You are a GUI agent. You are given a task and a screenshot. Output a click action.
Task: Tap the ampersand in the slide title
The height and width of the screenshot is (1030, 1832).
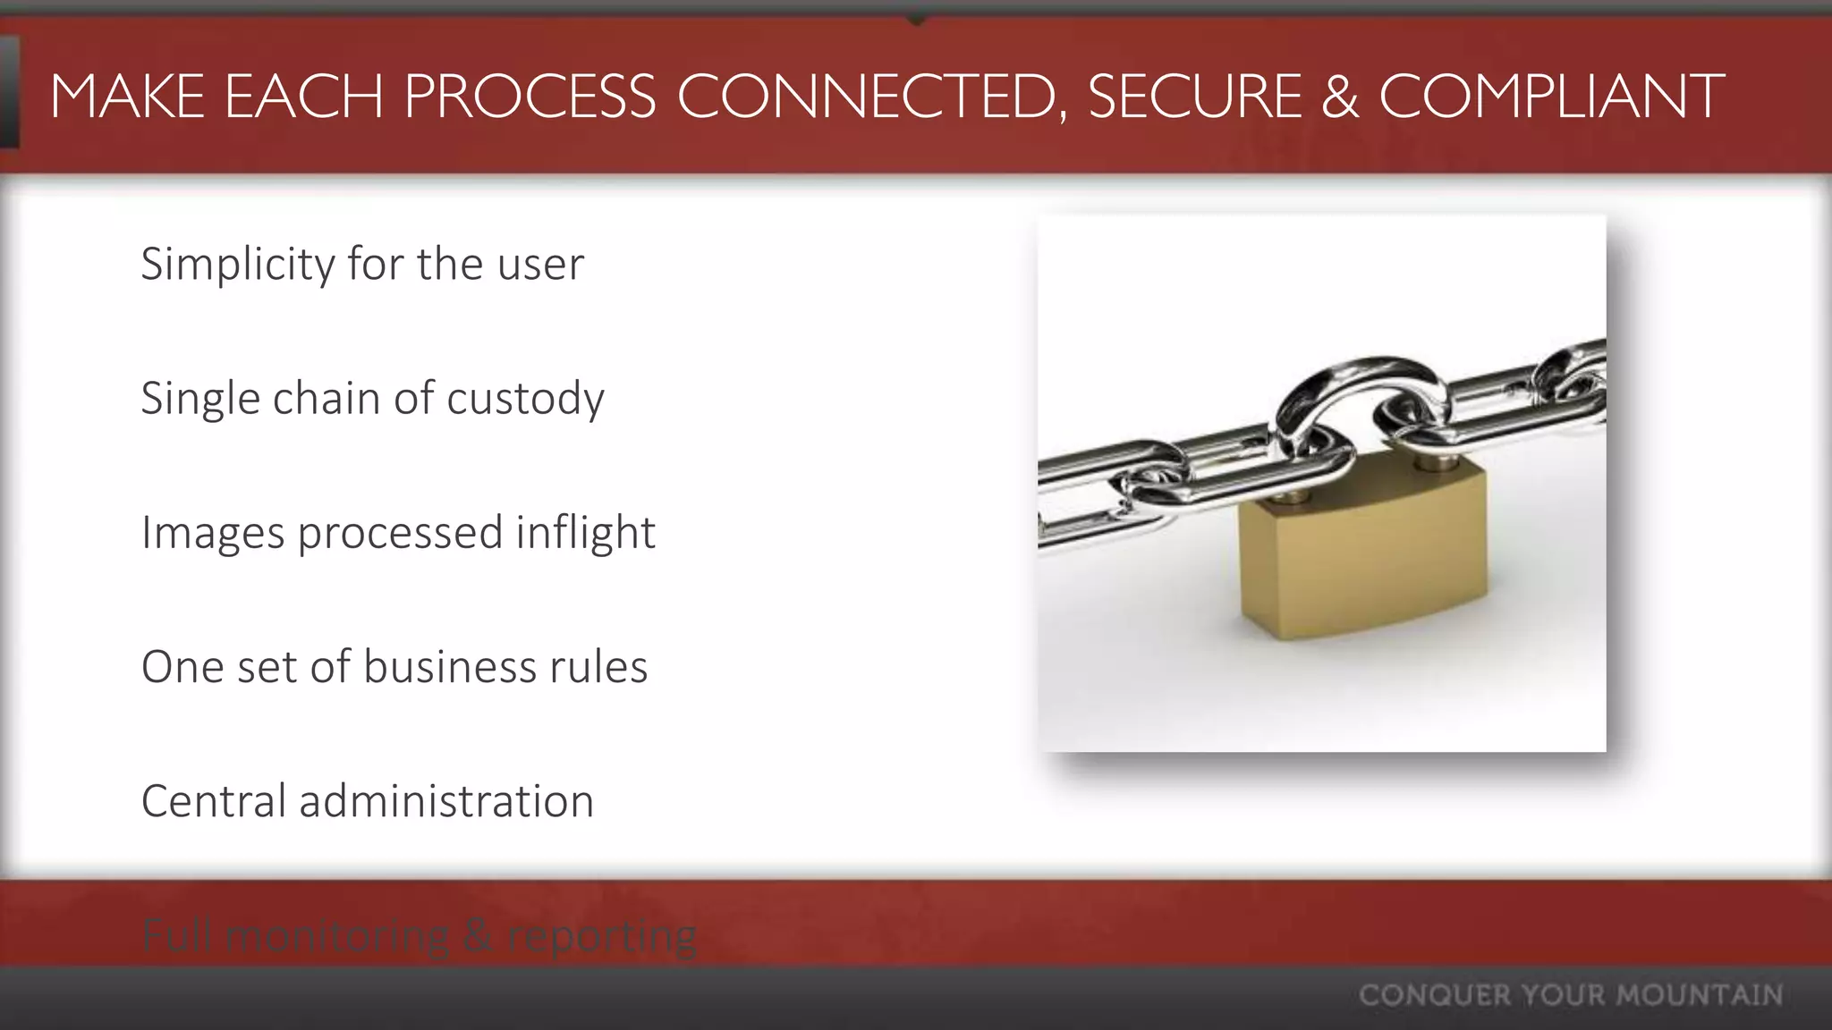1339,97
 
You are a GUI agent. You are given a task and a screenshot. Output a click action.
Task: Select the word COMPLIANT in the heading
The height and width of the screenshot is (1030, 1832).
1551,97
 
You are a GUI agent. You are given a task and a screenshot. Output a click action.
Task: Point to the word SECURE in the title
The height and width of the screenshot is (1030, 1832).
1194,97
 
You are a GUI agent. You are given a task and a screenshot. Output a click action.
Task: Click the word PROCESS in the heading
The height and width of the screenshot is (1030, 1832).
530,97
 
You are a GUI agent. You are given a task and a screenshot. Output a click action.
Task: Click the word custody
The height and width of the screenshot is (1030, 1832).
525,399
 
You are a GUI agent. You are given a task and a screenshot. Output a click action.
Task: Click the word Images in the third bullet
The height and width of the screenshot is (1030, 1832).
213,534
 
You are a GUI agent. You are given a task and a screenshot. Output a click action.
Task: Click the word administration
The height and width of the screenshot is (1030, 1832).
446,801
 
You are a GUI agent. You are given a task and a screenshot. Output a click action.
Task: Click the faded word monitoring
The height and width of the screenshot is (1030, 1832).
337,937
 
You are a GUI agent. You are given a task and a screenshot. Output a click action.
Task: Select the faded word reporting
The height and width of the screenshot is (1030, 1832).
601,937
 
